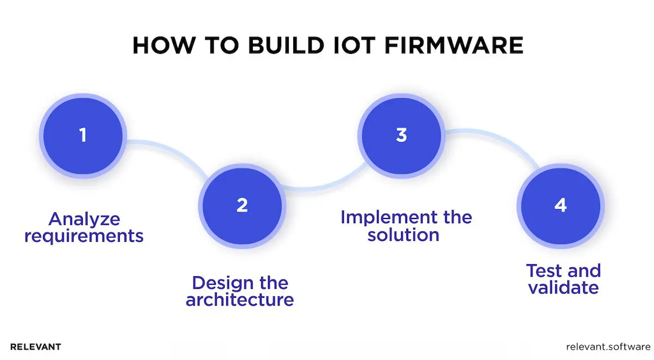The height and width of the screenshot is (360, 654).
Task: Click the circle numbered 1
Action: (x=83, y=135)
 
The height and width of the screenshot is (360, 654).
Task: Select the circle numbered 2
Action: (x=243, y=205)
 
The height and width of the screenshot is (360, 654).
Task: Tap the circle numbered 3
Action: (x=402, y=135)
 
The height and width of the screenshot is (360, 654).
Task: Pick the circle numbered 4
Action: (x=561, y=205)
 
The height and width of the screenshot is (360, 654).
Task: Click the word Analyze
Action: (x=84, y=219)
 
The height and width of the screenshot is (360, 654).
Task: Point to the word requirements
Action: (x=84, y=236)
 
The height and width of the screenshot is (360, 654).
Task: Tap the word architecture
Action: (x=240, y=300)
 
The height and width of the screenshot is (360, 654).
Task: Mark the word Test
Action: (x=545, y=271)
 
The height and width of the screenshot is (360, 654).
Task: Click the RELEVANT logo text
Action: (x=35, y=346)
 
